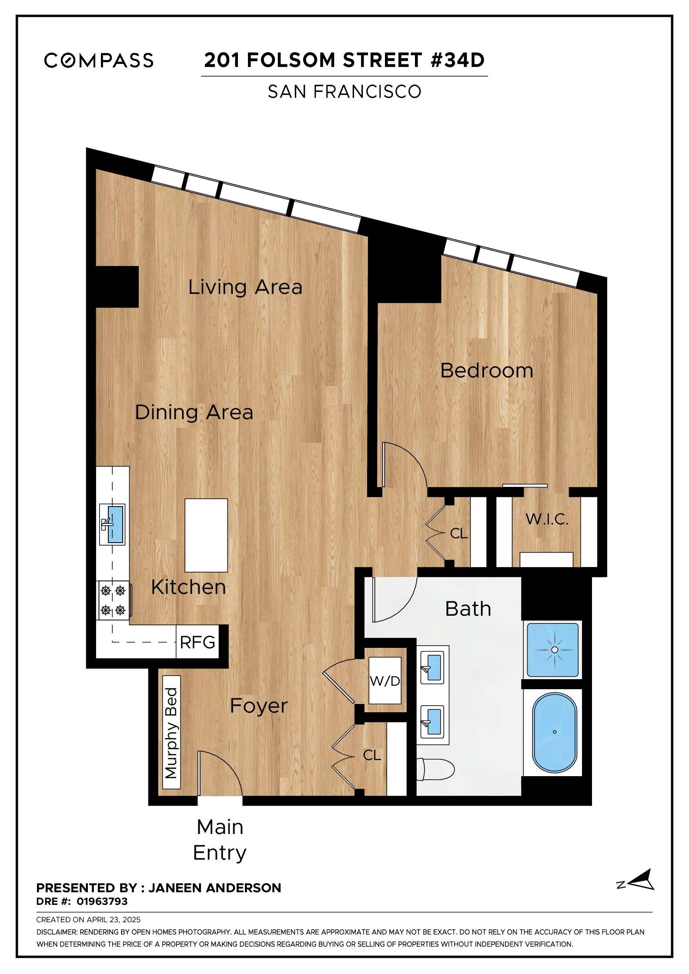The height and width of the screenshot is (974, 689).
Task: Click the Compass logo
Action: pos(99,60)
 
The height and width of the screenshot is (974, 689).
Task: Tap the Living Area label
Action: pos(245,287)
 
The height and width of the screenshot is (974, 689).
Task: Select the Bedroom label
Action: pos(487,370)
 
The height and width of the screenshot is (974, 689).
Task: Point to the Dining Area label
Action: pos(194,412)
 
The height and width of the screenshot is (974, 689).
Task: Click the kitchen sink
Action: pos(112,524)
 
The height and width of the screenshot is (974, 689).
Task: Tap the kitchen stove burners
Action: pos(113,600)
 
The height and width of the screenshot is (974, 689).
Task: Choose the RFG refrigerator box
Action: pos(197,642)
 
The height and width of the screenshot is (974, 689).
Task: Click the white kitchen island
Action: pos(206,535)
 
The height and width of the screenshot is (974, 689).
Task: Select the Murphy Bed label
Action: pos(171,733)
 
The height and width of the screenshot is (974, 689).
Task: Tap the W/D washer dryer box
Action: pos(385,680)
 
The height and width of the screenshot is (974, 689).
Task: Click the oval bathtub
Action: pos(555,733)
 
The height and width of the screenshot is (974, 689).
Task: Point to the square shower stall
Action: pos(553,650)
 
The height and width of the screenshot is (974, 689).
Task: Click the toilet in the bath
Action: pos(435,770)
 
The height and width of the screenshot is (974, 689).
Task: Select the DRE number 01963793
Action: pos(102,901)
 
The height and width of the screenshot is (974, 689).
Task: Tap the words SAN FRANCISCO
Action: pos(344,91)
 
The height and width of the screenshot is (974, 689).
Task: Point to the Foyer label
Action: pos(259,705)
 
